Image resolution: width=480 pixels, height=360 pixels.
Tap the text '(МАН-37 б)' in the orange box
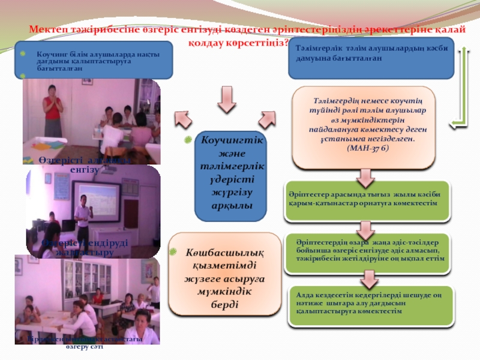tap(368, 148)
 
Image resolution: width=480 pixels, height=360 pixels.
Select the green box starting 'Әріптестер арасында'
tap(367, 200)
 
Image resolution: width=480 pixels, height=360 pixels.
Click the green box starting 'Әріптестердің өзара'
tap(367, 250)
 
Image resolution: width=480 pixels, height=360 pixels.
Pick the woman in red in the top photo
tap(53, 107)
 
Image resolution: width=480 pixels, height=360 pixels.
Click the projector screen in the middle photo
tap(100, 201)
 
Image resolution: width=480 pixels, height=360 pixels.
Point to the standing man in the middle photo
tap(82, 219)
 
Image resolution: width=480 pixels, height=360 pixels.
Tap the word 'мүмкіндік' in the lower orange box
tap(226, 291)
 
